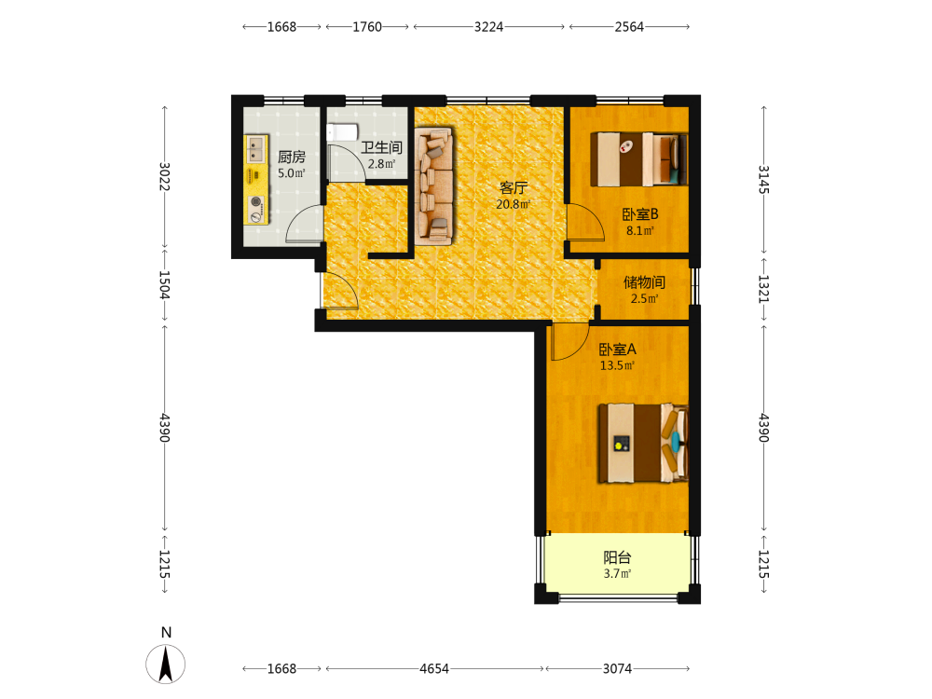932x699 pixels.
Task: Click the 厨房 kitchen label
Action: [x=291, y=157]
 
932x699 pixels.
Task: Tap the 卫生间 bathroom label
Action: [x=381, y=147]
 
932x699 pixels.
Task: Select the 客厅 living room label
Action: [x=514, y=188]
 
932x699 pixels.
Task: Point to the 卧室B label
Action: [x=640, y=214]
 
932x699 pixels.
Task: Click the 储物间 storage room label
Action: [x=644, y=282]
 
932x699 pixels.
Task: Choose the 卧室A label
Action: [x=617, y=349]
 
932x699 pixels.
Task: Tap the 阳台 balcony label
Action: [x=617, y=557]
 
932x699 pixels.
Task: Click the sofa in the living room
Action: [x=434, y=185]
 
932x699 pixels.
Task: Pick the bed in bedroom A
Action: [x=643, y=444]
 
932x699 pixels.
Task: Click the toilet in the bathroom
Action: [x=342, y=131]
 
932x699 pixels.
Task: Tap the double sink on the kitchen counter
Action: [x=256, y=149]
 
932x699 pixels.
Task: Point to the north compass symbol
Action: [x=165, y=664]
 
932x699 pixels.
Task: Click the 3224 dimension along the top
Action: [x=488, y=27]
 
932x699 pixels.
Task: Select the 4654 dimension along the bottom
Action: [x=434, y=668]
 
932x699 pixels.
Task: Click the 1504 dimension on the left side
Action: [x=165, y=285]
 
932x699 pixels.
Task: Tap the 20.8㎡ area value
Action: [x=514, y=204]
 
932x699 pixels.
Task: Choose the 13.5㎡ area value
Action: [x=617, y=365]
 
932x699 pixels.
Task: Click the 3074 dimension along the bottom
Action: [x=618, y=668]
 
